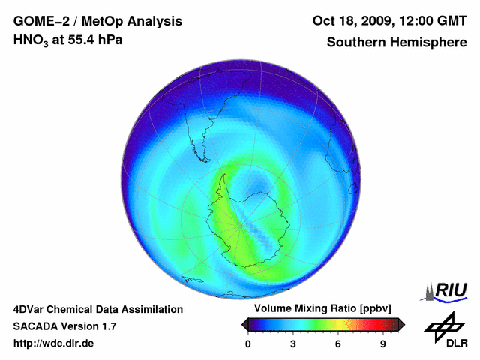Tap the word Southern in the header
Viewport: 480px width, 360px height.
(355, 42)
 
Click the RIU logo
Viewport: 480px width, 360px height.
(448, 290)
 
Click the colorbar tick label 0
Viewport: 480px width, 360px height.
(248, 344)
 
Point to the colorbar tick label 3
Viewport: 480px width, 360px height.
(293, 344)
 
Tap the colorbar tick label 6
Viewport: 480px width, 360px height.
(338, 344)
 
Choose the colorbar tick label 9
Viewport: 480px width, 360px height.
(383, 344)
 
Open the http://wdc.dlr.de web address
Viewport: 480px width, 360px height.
(54, 343)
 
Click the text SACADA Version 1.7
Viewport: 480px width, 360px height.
(64, 326)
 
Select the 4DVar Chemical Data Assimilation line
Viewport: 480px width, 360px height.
(97, 309)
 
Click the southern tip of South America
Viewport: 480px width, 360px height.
(204, 160)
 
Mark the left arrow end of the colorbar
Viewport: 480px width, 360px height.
(245, 324)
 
